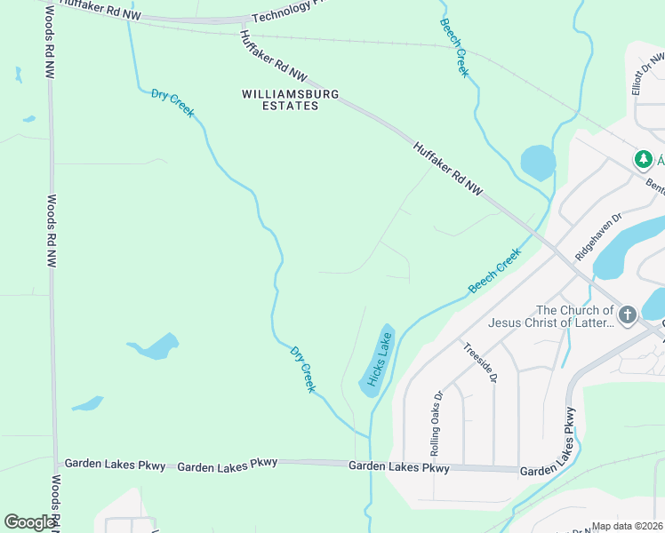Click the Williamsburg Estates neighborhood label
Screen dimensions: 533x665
[279, 99]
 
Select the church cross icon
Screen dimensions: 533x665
[627, 314]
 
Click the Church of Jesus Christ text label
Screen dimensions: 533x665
[574, 316]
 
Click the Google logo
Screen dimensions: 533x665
[30, 522]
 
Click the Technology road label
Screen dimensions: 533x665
[282, 12]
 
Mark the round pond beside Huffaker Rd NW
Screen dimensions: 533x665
[537, 163]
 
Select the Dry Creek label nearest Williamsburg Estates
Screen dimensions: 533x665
[172, 102]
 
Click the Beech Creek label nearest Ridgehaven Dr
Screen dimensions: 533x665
[494, 271]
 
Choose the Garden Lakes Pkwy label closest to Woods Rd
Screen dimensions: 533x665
[116, 465]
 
